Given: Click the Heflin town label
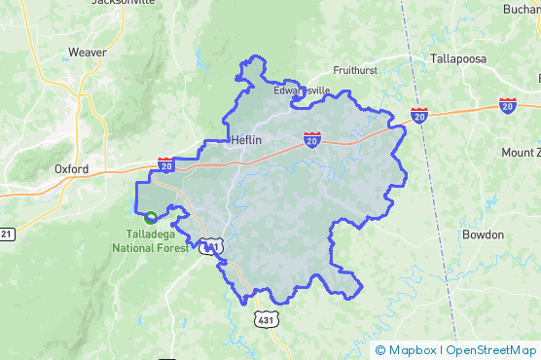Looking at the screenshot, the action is tap(246, 139).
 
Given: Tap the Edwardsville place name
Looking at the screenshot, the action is tap(302, 90).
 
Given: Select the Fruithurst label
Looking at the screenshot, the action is tap(355, 70).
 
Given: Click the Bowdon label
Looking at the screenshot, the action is tap(483, 234).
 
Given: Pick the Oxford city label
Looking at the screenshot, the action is tap(71, 168).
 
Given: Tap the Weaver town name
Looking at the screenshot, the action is tap(88, 52).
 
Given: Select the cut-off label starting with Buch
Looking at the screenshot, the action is tap(521, 9).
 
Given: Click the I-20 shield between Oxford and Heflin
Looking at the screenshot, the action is tap(166, 165).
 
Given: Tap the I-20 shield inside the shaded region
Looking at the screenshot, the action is tap(311, 141).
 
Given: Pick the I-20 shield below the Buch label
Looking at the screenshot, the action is tap(508, 103).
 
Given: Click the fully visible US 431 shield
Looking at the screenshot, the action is tap(264, 319).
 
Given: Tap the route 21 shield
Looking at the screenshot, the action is tap(7, 234).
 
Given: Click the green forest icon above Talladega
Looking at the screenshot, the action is tap(150, 217).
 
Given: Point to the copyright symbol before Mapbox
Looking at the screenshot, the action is tap(380, 350).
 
